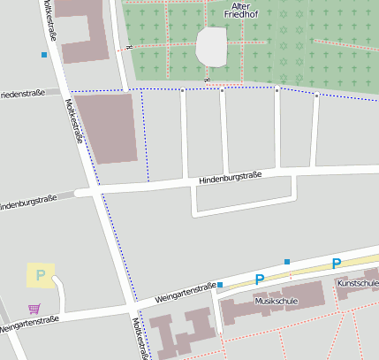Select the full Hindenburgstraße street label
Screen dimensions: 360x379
(229, 177)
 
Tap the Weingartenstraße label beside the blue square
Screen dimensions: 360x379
(186, 293)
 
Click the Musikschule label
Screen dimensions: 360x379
(276, 301)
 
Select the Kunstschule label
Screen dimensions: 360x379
(358, 283)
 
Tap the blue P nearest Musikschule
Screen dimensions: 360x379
(260, 280)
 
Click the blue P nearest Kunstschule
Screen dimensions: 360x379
(336, 264)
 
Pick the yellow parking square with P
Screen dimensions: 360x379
(40, 276)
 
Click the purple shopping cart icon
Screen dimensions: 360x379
(34, 309)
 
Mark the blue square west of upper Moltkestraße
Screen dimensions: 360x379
(44, 55)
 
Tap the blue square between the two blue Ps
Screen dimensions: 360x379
(287, 262)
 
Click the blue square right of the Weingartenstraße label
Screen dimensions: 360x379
(220, 285)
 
